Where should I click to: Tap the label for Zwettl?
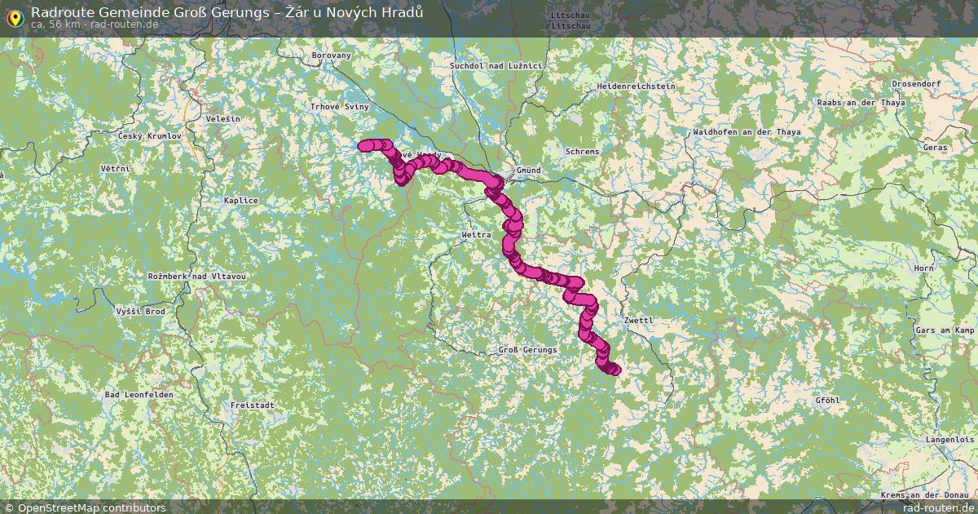[638, 321]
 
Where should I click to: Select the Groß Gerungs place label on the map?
[527, 350]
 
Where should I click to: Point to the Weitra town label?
[477, 235]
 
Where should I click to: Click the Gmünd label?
[528, 171]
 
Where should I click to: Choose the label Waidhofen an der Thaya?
[747, 132]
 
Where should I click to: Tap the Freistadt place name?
[252, 405]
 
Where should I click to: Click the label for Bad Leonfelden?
[139, 395]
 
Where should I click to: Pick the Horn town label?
[924, 268]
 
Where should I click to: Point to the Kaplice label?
[241, 201]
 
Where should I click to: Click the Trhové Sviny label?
[340, 107]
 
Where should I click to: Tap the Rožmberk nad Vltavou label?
[196, 277]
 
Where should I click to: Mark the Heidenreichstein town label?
[636, 86]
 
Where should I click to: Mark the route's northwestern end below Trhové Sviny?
[363, 146]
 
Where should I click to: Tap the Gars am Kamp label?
[945, 330]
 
